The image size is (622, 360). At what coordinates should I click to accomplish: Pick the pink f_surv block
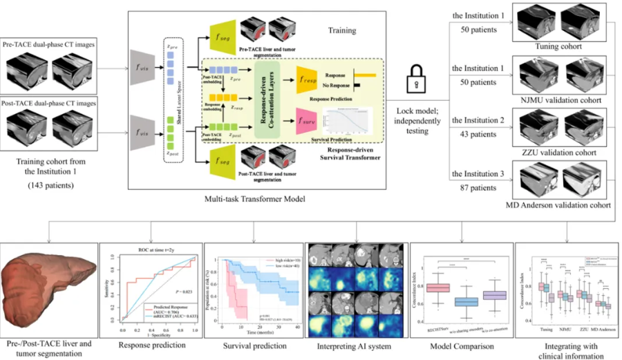pyautogui.click(x=309, y=122)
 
